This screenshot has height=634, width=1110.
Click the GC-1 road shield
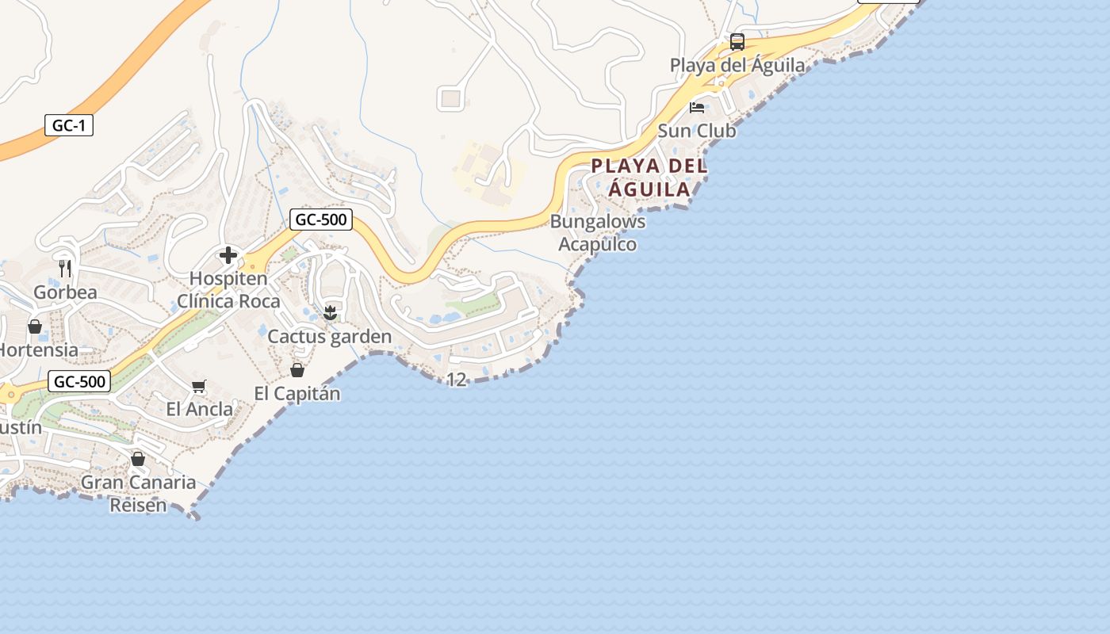coord(69,125)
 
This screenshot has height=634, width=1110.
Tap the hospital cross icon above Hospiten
coord(228,255)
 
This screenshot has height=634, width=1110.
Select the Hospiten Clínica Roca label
coord(228,290)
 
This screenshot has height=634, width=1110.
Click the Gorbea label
coord(65,292)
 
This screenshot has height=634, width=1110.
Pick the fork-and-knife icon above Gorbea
coord(65,269)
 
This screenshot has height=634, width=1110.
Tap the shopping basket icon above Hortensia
coord(35,327)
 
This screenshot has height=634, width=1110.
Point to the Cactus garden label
coord(330,337)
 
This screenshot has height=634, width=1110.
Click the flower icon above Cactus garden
coord(331,313)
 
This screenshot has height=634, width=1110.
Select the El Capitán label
coord(297,393)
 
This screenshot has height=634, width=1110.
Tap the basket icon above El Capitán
coord(297,370)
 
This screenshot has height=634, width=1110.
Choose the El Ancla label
coord(200,410)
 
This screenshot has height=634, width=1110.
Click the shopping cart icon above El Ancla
coord(199,387)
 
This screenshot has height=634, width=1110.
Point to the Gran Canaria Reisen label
coord(139,493)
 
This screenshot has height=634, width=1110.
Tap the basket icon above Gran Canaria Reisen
coord(138,459)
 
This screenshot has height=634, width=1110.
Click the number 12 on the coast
coord(457,380)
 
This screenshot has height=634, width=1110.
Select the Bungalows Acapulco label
coord(598,233)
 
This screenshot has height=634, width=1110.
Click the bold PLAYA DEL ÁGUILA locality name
coord(649,178)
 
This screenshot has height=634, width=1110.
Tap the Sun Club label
coord(697,131)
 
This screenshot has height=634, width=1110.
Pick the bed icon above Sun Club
coord(697,107)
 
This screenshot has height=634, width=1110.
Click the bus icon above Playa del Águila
coord(737,41)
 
